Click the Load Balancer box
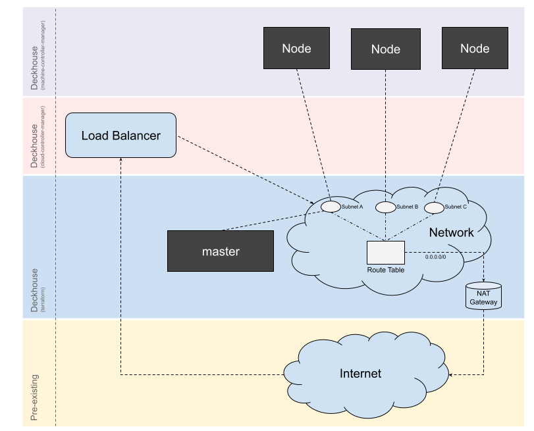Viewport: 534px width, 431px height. (x=120, y=136)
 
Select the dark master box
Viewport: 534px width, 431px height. (x=220, y=251)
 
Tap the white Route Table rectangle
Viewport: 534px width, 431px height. (x=385, y=253)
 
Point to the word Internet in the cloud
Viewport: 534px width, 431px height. (x=360, y=374)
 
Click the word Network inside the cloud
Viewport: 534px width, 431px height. (x=451, y=232)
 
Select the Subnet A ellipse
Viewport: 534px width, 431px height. (x=331, y=207)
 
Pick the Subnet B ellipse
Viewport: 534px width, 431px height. (x=385, y=207)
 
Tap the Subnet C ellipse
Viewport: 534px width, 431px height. (x=435, y=207)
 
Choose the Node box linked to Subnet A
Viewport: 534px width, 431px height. (x=296, y=48)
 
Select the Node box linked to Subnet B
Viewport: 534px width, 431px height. (x=385, y=49)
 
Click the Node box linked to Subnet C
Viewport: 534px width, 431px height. (x=475, y=48)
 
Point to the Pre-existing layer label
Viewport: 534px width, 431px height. (x=34, y=397)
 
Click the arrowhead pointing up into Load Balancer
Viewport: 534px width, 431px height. (x=120, y=161)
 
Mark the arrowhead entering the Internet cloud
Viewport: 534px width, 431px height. (x=452, y=375)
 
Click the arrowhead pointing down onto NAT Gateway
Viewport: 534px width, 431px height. (x=484, y=279)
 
